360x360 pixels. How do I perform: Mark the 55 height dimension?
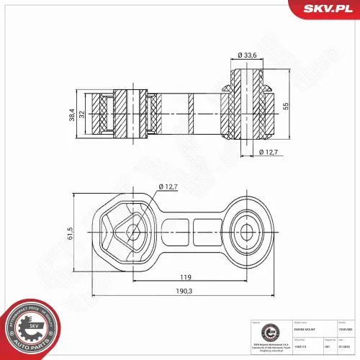tap(285, 106)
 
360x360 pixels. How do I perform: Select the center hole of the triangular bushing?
tap(132, 233)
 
